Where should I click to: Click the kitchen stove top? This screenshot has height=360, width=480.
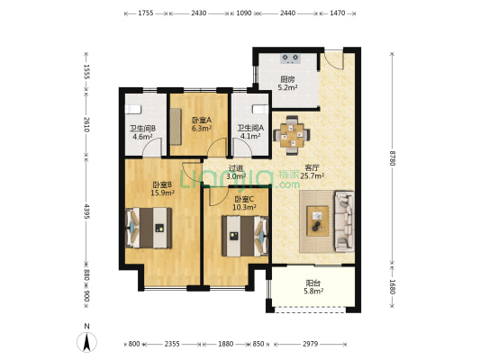coord(290,58)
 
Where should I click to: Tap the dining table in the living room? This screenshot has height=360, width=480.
coord(292,135)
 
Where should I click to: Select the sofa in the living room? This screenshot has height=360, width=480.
coord(344,221)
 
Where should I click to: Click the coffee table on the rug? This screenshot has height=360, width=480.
coord(318,220)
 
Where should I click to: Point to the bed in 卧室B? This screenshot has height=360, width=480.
coord(149,228)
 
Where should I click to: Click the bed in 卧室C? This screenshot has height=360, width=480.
coord(245,236)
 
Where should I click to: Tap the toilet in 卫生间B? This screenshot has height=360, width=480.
coord(133,109)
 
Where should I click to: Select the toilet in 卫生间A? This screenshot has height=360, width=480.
coord(260,109)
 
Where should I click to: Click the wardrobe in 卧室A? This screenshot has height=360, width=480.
coord(176,126)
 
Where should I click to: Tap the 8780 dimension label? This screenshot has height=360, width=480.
coord(392,157)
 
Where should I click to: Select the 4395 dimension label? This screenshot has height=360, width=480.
coord(86,211)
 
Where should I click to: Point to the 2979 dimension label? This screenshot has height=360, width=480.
coord(310,344)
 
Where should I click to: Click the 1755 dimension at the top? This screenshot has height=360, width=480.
coord(146,13)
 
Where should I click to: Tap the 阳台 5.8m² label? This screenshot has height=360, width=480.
coord(313,287)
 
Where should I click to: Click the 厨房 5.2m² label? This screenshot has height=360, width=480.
coord(288,84)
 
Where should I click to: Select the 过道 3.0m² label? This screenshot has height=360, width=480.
coord(236,172)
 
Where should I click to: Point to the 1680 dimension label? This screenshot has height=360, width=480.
coord(392,287)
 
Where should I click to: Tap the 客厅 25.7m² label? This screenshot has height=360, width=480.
coord(312,172)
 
